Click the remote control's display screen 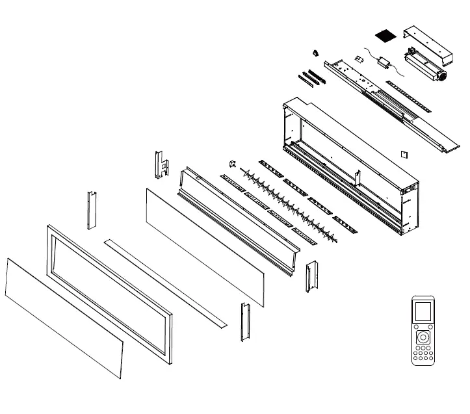423,313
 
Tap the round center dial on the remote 423,337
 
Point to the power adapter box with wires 384,62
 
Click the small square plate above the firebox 404,154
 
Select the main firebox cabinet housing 351,169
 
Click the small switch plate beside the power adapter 358,58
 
